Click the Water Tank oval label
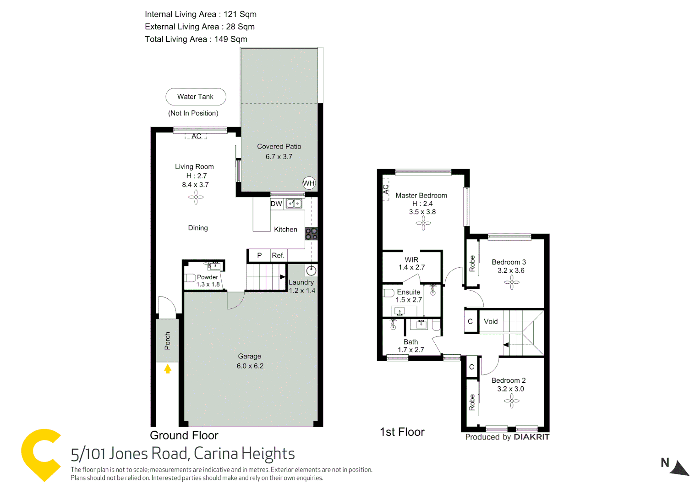point(196,97)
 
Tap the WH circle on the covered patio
point(309,183)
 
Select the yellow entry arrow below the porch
point(168,368)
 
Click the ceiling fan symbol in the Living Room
point(196,198)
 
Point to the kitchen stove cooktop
point(311,234)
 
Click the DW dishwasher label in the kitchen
point(276,204)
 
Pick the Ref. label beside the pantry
point(278,255)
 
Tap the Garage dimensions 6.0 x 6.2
point(250,366)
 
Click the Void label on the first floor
point(491,321)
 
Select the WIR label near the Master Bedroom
point(411,259)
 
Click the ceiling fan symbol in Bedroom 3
point(512,282)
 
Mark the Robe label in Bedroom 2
point(472,402)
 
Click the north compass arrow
point(679,468)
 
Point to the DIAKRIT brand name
point(531,437)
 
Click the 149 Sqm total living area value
point(230,39)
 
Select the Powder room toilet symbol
point(190,278)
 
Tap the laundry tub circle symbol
point(311,270)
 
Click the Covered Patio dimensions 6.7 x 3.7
point(279,157)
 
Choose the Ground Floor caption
point(184,435)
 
